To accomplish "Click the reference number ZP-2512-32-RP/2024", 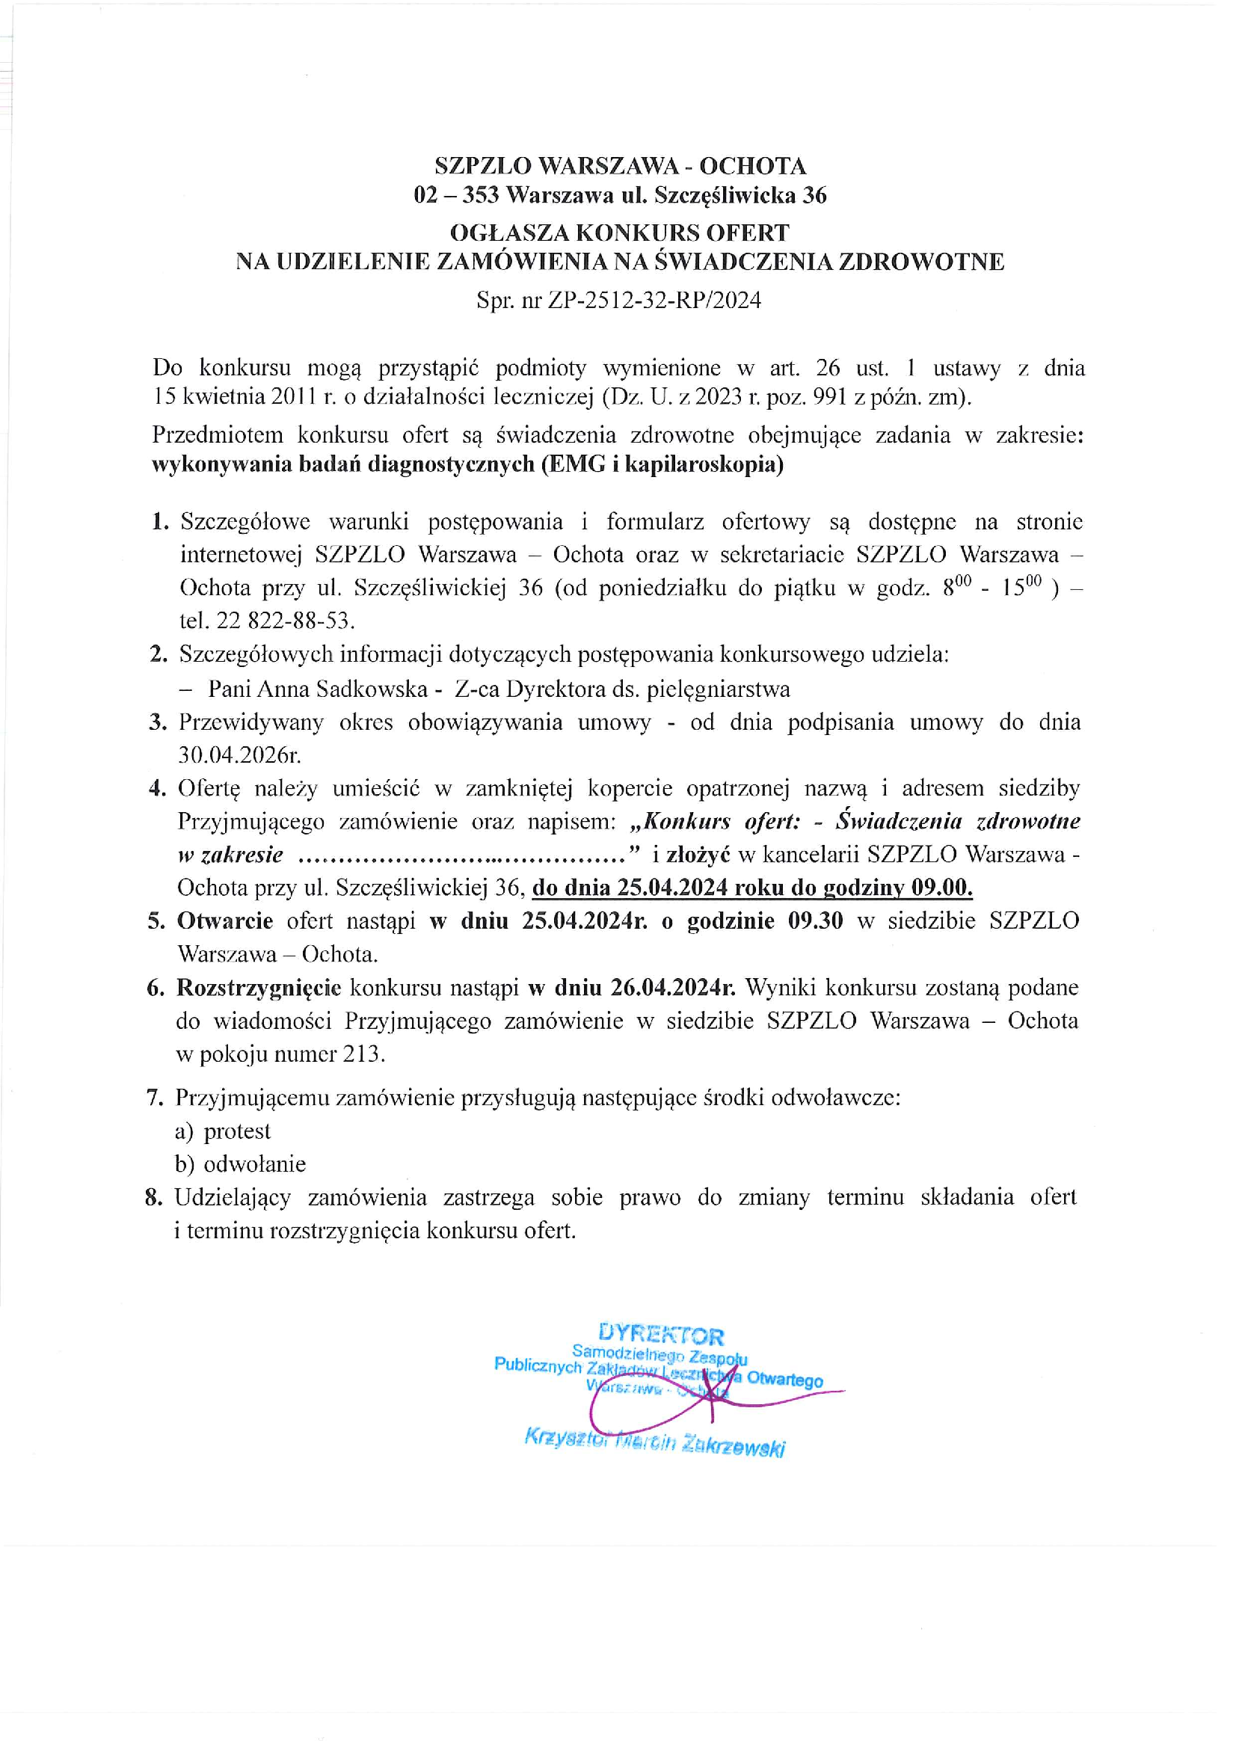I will (x=654, y=300).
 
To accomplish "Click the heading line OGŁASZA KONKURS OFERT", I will (x=620, y=232).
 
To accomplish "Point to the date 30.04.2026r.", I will (x=239, y=756).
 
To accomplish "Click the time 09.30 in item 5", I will (x=816, y=921).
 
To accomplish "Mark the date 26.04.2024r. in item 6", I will (x=672, y=987).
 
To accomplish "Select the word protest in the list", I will (x=237, y=1131).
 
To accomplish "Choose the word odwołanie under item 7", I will (x=254, y=1164).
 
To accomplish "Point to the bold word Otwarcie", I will (x=224, y=921).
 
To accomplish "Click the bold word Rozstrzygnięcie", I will (x=259, y=988).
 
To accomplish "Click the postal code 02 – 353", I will (x=456, y=196).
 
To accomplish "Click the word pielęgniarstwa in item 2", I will (x=718, y=689).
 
